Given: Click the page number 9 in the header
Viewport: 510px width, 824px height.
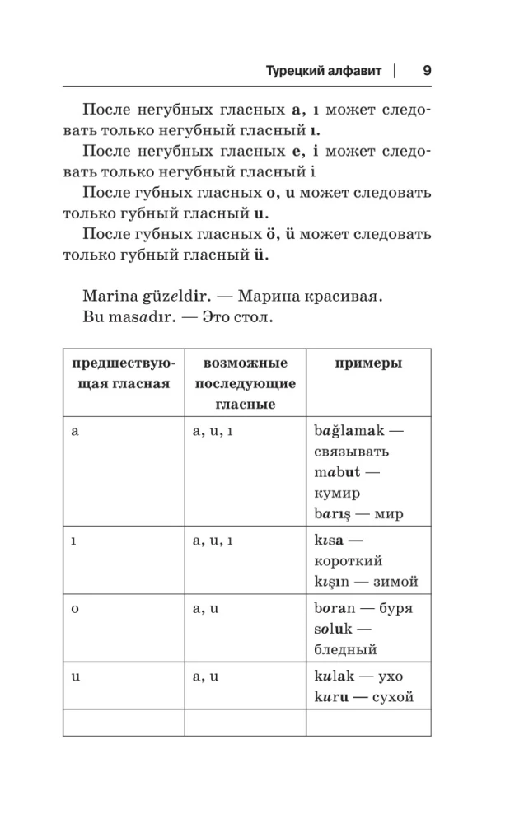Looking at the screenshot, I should click(426, 70).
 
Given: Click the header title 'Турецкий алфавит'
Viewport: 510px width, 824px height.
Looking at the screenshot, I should click(324, 71).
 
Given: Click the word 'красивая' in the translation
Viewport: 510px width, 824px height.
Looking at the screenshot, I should click(352, 294).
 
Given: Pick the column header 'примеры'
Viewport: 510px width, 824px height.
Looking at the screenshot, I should click(368, 363).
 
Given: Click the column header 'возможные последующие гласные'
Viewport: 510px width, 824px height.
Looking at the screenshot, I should click(244, 383).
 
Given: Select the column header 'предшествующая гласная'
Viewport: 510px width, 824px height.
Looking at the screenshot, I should click(123, 373).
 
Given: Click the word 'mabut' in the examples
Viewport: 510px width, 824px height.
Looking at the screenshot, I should click(336, 472).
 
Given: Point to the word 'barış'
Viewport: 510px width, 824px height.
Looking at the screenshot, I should click(338, 515).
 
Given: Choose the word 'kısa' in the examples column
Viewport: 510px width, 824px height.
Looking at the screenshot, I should click(331, 540).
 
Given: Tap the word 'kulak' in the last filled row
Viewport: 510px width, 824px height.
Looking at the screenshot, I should click(335, 677).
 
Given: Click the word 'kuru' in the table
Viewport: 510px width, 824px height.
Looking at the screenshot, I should click(331, 698).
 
